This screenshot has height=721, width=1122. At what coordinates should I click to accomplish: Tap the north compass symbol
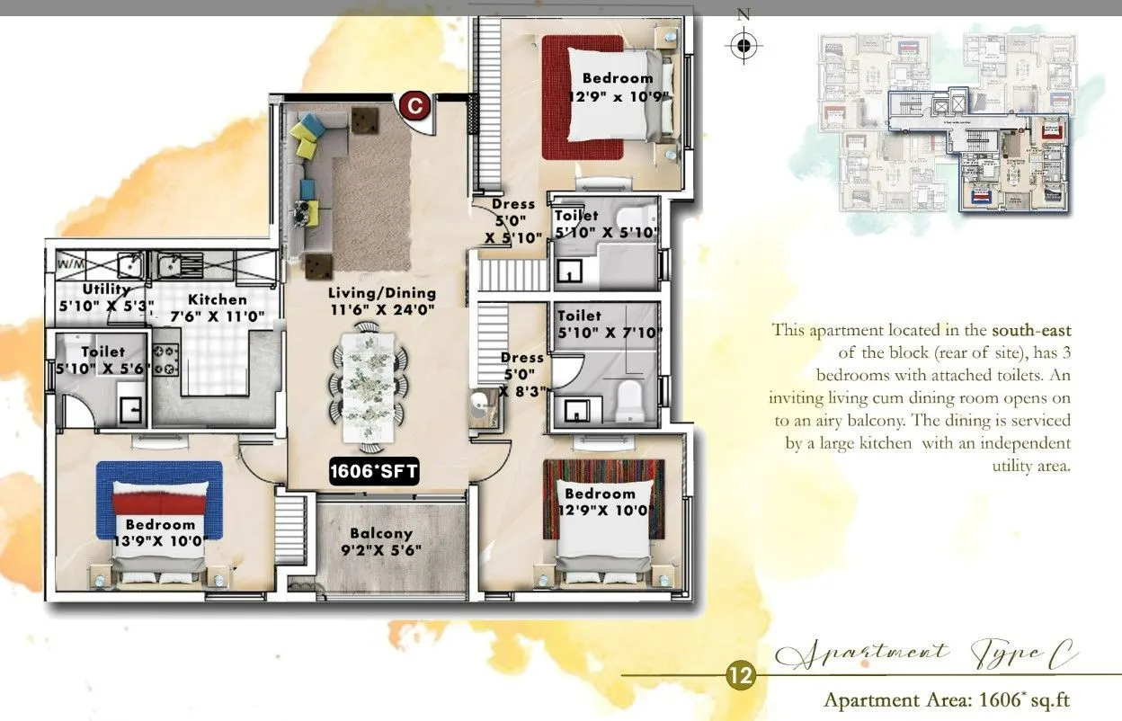click(x=743, y=44)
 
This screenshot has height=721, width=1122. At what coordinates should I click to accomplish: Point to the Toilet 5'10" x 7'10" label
click(x=609, y=325)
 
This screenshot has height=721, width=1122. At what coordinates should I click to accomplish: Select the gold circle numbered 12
click(x=741, y=676)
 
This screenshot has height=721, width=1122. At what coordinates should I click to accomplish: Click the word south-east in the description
click(x=1031, y=331)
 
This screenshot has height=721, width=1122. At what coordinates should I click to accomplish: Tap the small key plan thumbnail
click(x=946, y=122)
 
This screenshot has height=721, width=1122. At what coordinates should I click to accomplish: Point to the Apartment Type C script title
click(x=926, y=654)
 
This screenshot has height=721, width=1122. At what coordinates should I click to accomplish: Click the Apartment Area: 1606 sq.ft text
click(x=947, y=699)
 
